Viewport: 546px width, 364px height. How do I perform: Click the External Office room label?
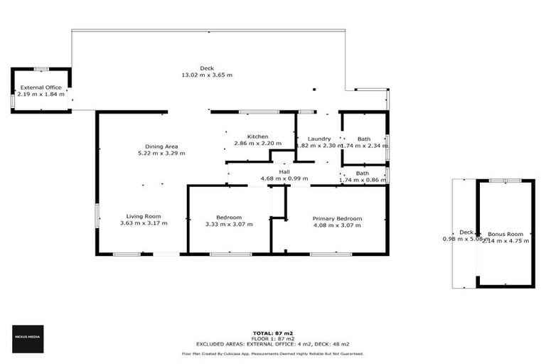[x=41, y=87]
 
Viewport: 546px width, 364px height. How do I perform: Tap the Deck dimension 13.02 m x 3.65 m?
[x=207, y=75]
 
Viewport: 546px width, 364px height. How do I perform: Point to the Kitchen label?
[x=257, y=136]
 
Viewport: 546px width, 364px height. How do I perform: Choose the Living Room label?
[x=144, y=216]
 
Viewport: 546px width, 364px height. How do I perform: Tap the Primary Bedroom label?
[x=338, y=218]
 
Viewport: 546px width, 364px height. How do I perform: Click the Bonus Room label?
[x=505, y=234]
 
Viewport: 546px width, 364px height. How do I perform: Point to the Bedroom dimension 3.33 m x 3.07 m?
[x=229, y=224]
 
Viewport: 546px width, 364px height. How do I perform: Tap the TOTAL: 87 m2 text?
[x=273, y=333]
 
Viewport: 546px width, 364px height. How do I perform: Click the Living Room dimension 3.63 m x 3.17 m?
[x=144, y=223]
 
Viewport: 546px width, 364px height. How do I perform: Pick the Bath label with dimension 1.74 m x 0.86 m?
[x=363, y=173]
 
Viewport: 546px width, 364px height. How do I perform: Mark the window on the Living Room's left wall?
[x=97, y=215]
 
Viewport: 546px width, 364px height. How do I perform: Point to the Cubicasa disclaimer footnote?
[x=273, y=353]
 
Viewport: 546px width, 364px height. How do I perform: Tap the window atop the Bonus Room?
[x=505, y=181]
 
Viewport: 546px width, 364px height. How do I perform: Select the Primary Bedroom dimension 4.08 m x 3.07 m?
[x=338, y=225]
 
